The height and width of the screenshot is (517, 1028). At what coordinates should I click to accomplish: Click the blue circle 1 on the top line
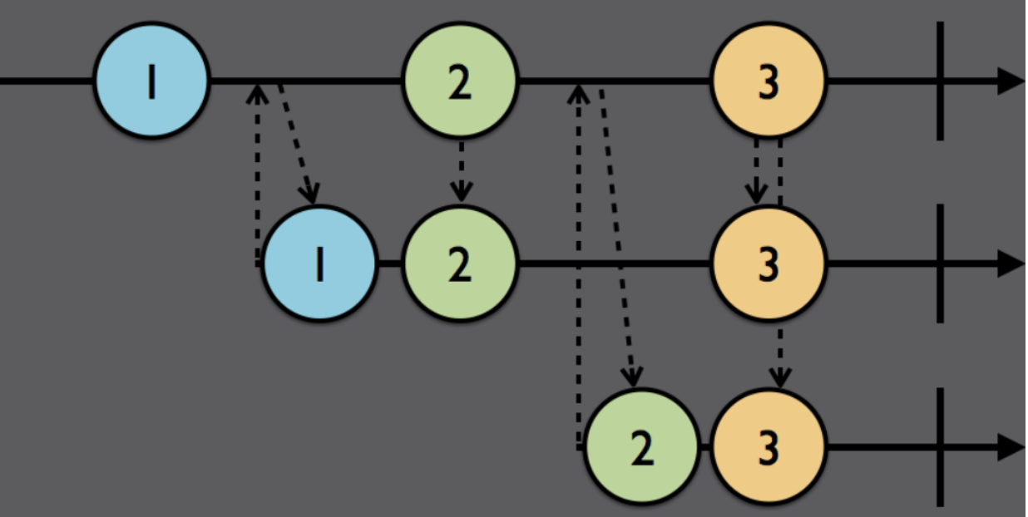[x=152, y=80]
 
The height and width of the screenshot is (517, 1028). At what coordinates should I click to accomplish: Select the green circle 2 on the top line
[x=460, y=80]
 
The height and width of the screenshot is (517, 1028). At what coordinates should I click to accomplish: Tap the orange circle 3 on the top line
[x=769, y=80]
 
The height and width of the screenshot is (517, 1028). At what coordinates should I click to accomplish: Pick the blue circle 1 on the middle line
[x=319, y=263]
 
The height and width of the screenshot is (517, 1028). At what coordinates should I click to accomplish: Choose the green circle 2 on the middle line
[x=460, y=263]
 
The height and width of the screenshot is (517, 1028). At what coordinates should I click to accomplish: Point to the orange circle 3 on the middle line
[x=769, y=263]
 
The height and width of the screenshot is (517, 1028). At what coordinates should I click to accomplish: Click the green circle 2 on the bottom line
[x=642, y=446]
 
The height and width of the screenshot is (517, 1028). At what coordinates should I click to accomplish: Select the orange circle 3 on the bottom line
[x=769, y=446]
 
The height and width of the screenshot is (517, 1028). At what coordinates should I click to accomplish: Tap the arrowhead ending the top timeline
[x=1011, y=81]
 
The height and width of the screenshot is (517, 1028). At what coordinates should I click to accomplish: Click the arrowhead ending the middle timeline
[x=1011, y=263]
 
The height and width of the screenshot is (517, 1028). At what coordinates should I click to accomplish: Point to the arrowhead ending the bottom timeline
[x=1011, y=447]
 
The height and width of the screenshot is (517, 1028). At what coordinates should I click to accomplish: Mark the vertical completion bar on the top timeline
[x=940, y=81]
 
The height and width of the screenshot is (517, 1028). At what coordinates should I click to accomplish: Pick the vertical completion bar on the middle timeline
[x=940, y=263]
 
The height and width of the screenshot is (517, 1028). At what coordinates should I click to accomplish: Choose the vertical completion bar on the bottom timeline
[x=940, y=447]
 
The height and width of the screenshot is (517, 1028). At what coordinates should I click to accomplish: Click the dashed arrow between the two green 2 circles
[x=462, y=171]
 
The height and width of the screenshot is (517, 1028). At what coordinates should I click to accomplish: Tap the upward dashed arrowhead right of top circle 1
[x=258, y=94]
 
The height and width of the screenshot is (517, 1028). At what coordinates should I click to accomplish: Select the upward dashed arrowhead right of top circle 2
[x=578, y=94]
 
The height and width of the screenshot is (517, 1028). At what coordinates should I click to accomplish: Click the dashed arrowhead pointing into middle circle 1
[x=310, y=194]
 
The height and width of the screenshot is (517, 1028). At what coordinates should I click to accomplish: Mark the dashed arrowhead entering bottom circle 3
[x=780, y=377]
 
